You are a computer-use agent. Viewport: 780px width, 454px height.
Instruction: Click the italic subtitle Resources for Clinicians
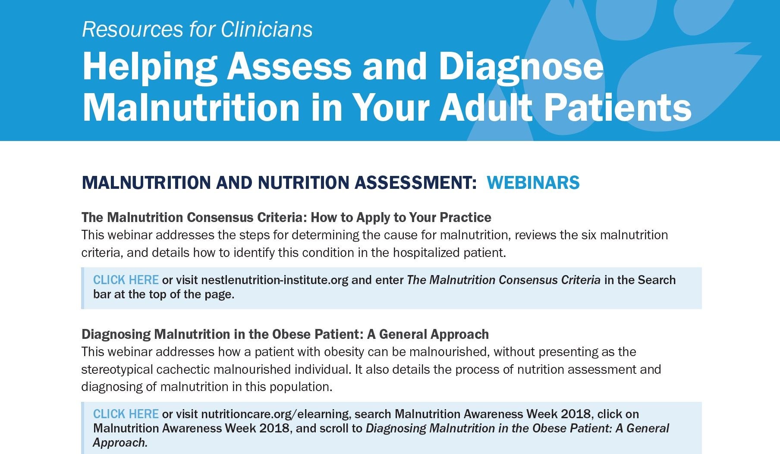pyautogui.click(x=197, y=29)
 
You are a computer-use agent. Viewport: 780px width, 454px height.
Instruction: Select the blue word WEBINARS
pyautogui.click(x=533, y=182)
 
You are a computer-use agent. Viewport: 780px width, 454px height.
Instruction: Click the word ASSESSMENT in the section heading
pyautogui.click(x=415, y=182)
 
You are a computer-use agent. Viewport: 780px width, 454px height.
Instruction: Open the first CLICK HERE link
pyautogui.click(x=126, y=280)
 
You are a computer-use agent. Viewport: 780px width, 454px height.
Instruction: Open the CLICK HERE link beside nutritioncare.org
pyautogui.click(x=126, y=414)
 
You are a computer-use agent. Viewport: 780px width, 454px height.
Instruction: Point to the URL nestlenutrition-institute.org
pyautogui.click(x=274, y=280)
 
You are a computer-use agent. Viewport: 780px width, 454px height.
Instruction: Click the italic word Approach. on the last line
pyautogui.click(x=120, y=443)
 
